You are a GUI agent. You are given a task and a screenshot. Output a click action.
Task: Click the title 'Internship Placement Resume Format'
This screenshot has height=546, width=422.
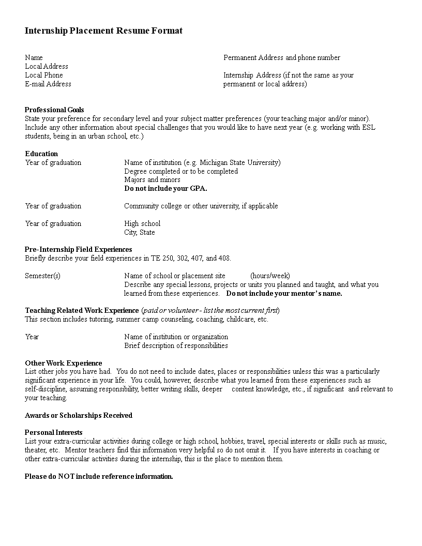coord(103,31)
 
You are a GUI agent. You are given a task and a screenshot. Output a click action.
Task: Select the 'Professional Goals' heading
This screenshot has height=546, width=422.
coord(54,110)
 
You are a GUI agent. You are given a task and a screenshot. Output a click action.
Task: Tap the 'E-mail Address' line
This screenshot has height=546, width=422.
coord(48,84)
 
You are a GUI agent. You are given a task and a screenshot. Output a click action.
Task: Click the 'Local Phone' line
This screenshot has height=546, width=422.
coord(44,75)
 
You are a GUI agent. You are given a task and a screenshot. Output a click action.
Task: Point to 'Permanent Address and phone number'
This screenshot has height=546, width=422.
coord(282,57)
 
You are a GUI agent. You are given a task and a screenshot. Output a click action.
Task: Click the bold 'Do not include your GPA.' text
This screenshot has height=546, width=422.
coord(165,188)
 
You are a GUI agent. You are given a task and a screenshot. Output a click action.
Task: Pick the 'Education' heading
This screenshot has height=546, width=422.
coord(41,154)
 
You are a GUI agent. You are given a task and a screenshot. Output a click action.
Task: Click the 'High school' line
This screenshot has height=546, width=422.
coord(142,223)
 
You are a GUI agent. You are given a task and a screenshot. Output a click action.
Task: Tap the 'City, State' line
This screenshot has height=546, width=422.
coord(140,232)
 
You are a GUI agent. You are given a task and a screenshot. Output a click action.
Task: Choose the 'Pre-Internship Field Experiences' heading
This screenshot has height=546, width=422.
coord(79,249)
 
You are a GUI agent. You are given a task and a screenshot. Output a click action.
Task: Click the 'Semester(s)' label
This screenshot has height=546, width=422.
coord(42,276)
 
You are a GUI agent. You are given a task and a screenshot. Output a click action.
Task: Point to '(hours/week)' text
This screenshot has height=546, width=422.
coord(270,276)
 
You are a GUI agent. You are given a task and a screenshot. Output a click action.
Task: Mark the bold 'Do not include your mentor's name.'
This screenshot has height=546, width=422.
coord(284,293)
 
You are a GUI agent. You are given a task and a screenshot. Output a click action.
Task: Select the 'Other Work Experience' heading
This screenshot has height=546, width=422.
coord(64,363)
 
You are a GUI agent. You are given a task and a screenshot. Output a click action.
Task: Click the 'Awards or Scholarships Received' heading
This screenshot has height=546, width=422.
coord(79,415)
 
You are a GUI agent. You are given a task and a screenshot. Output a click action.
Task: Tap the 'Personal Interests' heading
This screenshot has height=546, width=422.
coord(54,432)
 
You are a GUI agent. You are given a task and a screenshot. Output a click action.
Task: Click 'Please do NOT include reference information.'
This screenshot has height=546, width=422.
coord(99,476)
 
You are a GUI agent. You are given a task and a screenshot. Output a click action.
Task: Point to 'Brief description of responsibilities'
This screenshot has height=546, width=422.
coord(176,345)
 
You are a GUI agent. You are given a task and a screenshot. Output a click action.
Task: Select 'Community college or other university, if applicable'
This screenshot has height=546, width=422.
coord(201,206)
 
